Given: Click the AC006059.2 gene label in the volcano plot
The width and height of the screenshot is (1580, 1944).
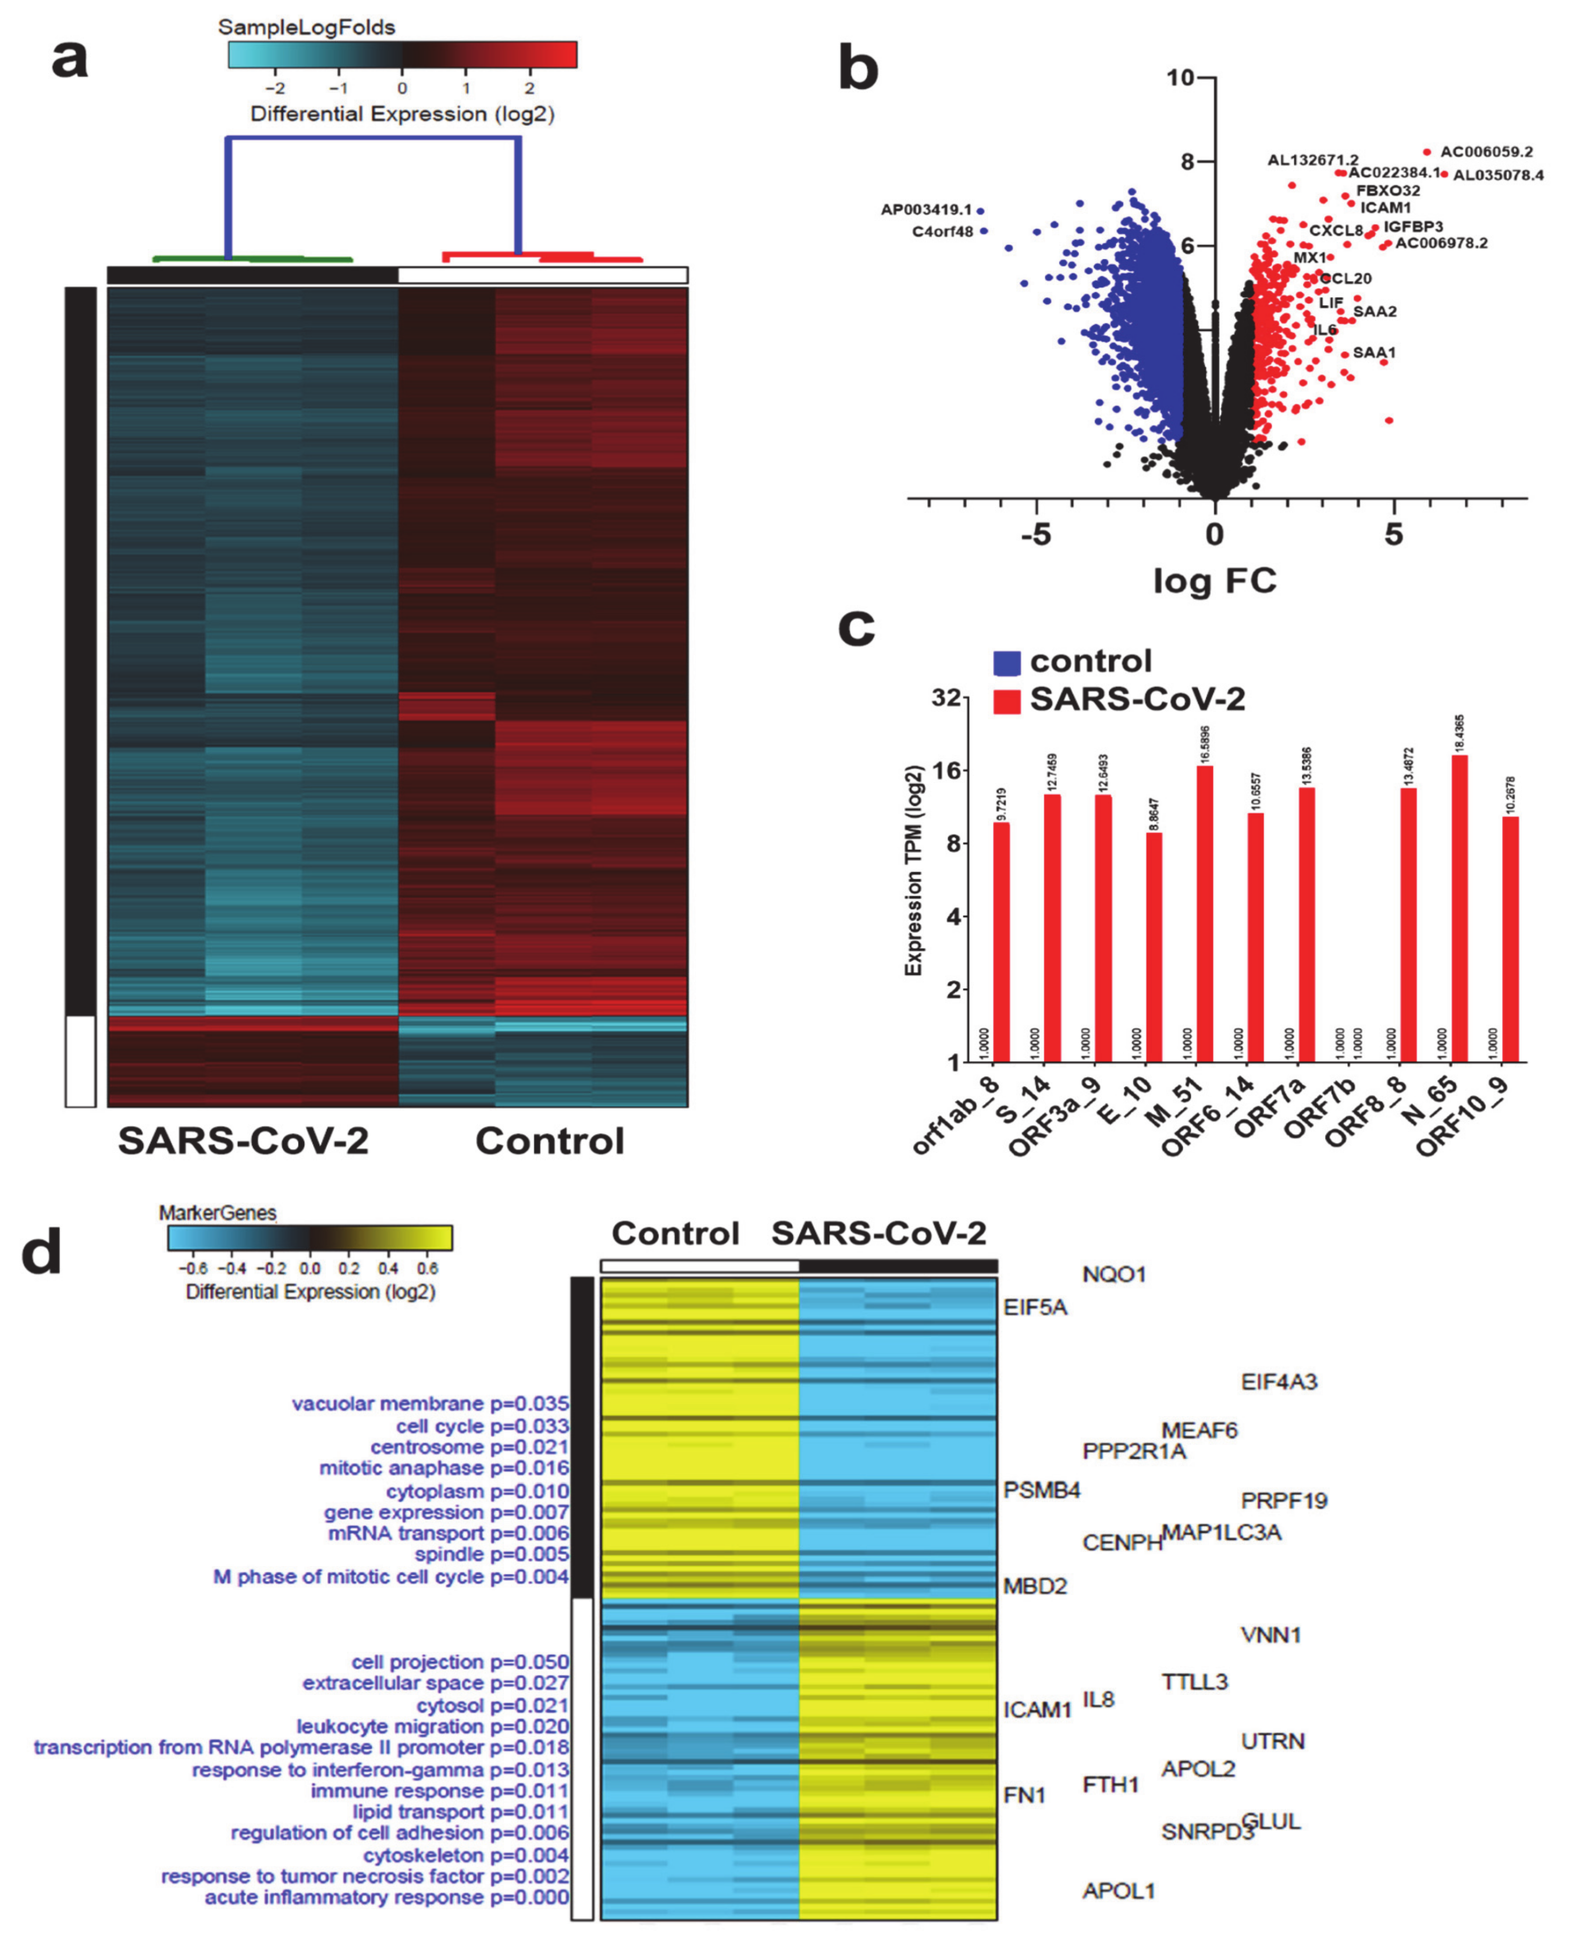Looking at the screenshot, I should pos(1486,152).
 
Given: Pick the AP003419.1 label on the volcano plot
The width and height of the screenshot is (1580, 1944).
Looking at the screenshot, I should pos(926,210).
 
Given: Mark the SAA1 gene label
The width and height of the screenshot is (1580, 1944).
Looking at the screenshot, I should pos(1373,353).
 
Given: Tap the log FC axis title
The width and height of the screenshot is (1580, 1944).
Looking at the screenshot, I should pos(1214,580).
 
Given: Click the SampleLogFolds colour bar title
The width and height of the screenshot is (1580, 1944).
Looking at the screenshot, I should pos(307,27).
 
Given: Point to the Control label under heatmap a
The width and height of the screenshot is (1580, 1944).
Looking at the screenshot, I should pos(550,1141).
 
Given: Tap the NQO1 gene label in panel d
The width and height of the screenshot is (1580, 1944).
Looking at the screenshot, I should pos(1113,1274).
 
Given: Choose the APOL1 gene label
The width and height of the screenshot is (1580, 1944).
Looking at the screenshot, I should pos(1119,1891).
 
